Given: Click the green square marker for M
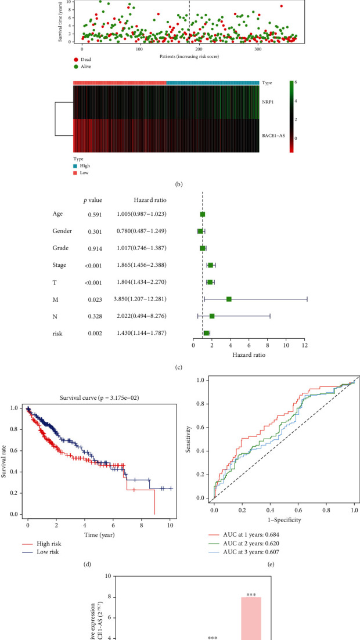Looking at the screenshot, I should point(229,299).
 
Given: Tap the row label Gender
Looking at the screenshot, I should point(62,231).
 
